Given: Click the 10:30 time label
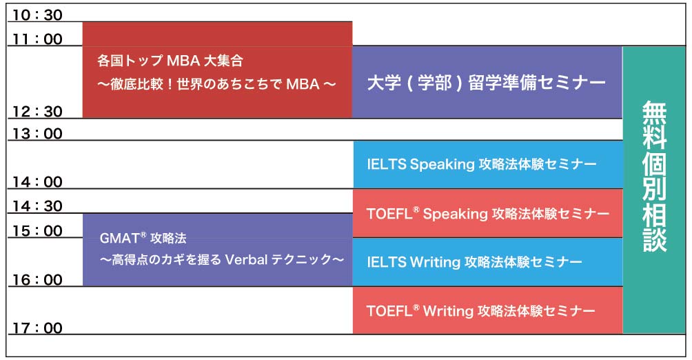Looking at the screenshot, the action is (x=37, y=15).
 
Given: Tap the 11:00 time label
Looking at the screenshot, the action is (x=37, y=39).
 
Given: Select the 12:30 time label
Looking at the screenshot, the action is (x=37, y=111).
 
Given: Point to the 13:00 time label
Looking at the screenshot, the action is (x=37, y=133).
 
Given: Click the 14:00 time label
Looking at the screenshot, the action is (x=37, y=181).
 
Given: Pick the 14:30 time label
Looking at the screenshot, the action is (x=37, y=206).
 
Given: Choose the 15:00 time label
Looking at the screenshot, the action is (x=37, y=230).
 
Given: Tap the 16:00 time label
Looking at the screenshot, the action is (x=37, y=279).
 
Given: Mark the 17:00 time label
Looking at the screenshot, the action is (x=37, y=328).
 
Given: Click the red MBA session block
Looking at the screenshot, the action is (x=217, y=70).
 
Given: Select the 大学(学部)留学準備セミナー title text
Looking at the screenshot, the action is (x=487, y=83).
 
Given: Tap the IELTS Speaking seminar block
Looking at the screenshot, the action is (x=488, y=164).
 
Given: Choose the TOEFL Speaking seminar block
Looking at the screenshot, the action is (x=488, y=213).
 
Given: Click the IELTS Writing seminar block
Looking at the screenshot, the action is (x=488, y=262).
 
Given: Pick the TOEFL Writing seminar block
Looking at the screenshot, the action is (x=488, y=310).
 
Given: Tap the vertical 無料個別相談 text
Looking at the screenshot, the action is (x=654, y=176).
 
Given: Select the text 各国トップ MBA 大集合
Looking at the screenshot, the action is (x=170, y=61).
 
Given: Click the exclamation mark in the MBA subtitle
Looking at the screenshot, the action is (x=170, y=84).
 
